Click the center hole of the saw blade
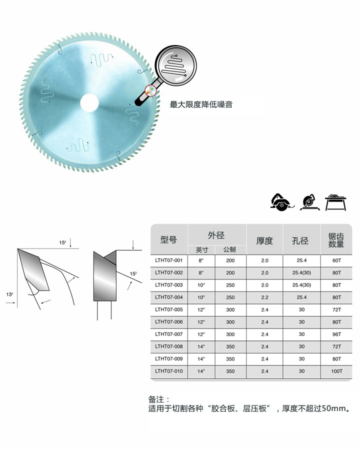[x=89, y=103]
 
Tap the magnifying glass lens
[x=175, y=65]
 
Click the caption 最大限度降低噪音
[x=201, y=104]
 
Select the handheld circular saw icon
[x=281, y=202]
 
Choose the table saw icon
[x=335, y=202]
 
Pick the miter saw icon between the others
[x=310, y=202]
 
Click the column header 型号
[x=168, y=239]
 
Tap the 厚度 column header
[x=264, y=240]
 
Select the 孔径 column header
[x=300, y=240]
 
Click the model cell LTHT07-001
[x=169, y=260]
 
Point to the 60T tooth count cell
[x=336, y=260]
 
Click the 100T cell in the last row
[x=336, y=371]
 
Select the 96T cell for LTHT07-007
[x=336, y=334]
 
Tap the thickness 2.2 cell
[x=264, y=297]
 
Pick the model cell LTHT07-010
[x=169, y=371]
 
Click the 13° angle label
[x=9, y=294]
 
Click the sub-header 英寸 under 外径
[x=202, y=250]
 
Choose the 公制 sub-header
[x=229, y=249]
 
